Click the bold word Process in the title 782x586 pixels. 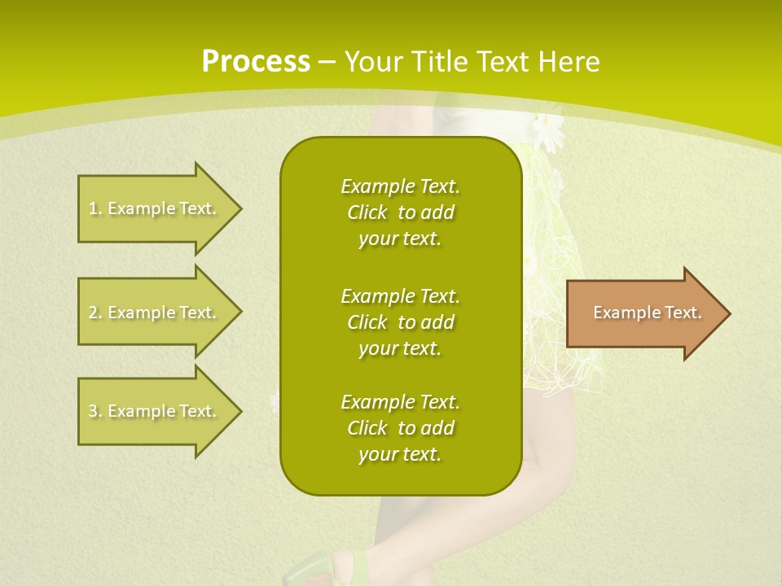(256, 62)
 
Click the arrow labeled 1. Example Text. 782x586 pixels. (155, 208)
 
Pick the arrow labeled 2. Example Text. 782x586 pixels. (155, 313)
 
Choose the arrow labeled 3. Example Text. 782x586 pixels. (155, 411)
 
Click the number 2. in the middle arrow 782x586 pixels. (94, 313)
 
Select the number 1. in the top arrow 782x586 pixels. (94, 208)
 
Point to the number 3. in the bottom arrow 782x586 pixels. (94, 411)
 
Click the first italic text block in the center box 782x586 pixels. (400, 212)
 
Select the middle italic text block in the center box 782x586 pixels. (400, 321)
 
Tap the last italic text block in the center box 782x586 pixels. (400, 428)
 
